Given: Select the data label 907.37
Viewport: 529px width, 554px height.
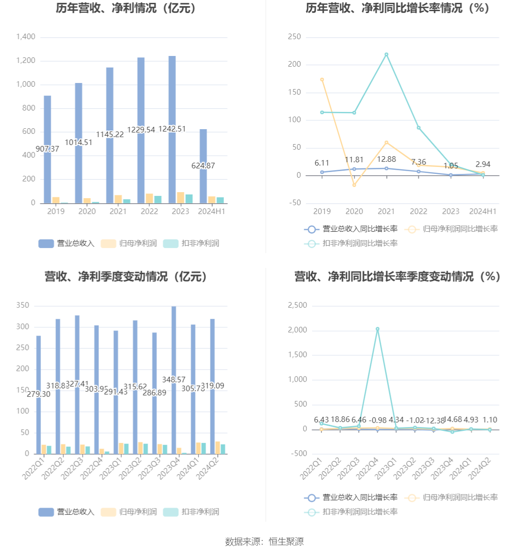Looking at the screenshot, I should click(47, 149).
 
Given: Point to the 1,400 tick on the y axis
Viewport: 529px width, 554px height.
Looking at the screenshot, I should click(26, 37).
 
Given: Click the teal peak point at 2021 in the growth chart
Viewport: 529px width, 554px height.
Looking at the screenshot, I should click(386, 55).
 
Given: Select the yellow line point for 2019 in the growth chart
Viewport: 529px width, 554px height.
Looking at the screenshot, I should click(322, 80).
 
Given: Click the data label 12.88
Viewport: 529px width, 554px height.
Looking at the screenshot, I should click(386, 159).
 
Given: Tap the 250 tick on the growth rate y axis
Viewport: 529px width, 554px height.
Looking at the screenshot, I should click(294, 37).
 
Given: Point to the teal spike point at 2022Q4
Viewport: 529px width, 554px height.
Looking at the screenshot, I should click(377, 329).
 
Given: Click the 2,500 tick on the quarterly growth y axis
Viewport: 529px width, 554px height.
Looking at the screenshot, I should click(297, 305).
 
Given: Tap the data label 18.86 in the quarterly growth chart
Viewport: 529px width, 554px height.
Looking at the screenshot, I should click(340, 420).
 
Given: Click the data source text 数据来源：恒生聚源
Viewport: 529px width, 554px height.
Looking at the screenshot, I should click(264, 541).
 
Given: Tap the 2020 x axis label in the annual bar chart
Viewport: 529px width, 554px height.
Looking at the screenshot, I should click(87, 211).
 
